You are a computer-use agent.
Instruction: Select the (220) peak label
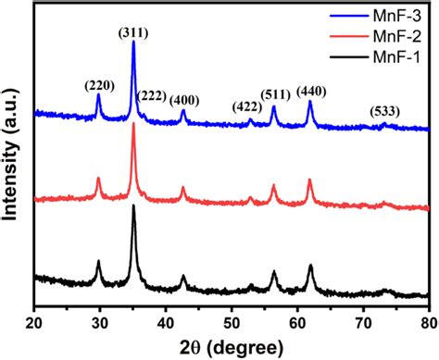[x=99, y=86]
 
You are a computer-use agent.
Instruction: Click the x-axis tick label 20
[x=34, y=322]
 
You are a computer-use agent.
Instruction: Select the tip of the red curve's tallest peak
[x=133, y=123]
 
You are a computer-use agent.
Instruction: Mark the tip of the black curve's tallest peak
[x=133, y=205]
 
